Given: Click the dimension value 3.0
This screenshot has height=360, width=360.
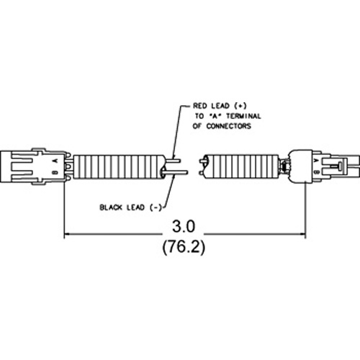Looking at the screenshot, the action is (184, 227).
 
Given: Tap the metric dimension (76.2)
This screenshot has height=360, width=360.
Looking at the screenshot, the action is (184, 247).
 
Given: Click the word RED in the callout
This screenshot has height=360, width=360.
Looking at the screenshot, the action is (200, 106).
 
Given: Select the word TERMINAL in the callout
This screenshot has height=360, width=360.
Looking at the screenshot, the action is (243, 116).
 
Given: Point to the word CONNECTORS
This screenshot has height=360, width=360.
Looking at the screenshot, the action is (229, 126).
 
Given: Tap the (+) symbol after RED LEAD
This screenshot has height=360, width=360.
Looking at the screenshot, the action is (240, 106).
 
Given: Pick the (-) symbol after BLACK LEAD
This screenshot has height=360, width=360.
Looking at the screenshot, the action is (156, 207).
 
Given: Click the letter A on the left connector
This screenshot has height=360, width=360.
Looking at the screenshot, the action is (55, 161).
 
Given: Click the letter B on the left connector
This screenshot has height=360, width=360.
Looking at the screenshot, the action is (55, 172).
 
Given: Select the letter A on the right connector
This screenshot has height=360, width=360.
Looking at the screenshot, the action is (317, 160).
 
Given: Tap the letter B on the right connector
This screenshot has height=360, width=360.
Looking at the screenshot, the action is (317, 172).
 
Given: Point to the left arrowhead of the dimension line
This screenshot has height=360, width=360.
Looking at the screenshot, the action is (67, 233).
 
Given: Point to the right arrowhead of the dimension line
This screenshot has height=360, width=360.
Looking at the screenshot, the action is (303, 233).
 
